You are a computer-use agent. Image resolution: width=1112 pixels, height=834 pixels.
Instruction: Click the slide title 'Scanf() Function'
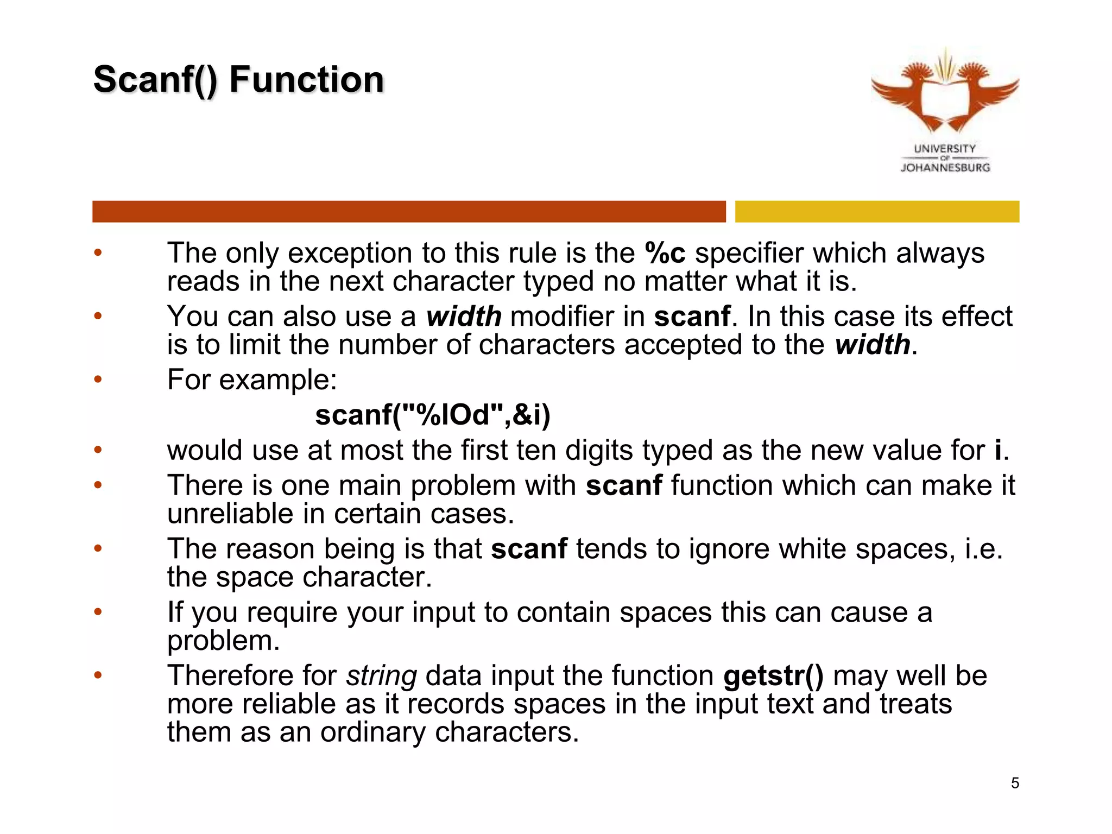coord(238,80)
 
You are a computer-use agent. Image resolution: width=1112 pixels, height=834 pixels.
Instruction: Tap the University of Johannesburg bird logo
coord(945,92)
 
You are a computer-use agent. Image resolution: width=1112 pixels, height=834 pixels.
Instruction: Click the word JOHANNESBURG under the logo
coord(945,168)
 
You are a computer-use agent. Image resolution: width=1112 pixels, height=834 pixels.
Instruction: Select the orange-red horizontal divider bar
coord(408,211)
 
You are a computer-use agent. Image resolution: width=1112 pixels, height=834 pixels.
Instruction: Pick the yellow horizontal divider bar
coord(876,211)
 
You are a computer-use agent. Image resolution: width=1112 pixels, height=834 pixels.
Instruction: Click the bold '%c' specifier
coord(665,253)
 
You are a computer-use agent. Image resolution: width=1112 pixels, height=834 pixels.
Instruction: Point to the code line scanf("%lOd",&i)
coord(433,415)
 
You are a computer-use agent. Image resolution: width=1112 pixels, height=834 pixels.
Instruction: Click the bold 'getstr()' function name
coord(773,676)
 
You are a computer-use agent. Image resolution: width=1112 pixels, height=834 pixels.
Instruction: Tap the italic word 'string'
coord(381,676)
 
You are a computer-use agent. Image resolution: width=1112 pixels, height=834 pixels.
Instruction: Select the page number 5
coord(1015,783)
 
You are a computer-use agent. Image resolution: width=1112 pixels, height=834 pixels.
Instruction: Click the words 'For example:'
coord(252,380)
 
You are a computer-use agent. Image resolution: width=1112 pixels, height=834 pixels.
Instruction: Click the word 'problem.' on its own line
coord(223,641)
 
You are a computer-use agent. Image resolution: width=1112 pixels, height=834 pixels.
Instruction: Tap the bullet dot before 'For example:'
coord(98,379)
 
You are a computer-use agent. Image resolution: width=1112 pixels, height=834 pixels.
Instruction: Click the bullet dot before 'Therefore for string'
coord(98,675)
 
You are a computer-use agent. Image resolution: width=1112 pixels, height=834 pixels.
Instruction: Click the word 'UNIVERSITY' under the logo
coord(945,148)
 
